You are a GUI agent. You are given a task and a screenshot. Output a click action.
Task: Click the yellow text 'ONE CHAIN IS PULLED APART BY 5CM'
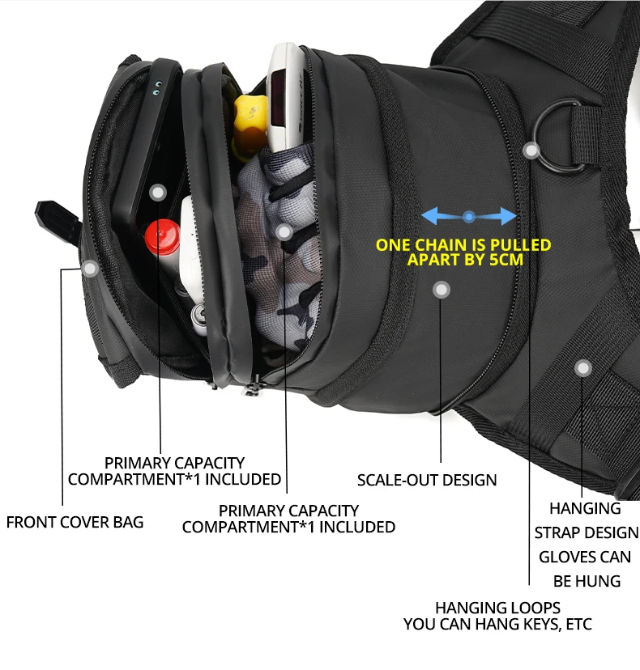463,252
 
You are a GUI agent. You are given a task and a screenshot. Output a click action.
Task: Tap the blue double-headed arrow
469,216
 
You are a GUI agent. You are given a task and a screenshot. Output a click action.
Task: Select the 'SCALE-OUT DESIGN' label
427,480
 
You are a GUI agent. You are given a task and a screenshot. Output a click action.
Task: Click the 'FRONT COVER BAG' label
75,522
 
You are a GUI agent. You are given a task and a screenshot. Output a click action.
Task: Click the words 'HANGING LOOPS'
497,608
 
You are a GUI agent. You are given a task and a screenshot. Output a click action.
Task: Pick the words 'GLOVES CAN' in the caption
585,557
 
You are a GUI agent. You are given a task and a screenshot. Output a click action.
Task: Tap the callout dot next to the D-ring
531,151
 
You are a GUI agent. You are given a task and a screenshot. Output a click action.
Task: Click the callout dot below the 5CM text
441,290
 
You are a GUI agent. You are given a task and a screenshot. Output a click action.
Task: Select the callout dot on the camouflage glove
284,233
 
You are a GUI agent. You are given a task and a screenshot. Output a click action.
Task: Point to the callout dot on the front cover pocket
90,267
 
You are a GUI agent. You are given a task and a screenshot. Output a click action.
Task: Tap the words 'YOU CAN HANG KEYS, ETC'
497,625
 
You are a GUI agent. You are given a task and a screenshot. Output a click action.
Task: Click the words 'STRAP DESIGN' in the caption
587,532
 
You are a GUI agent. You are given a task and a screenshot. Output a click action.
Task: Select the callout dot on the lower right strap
582,368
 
